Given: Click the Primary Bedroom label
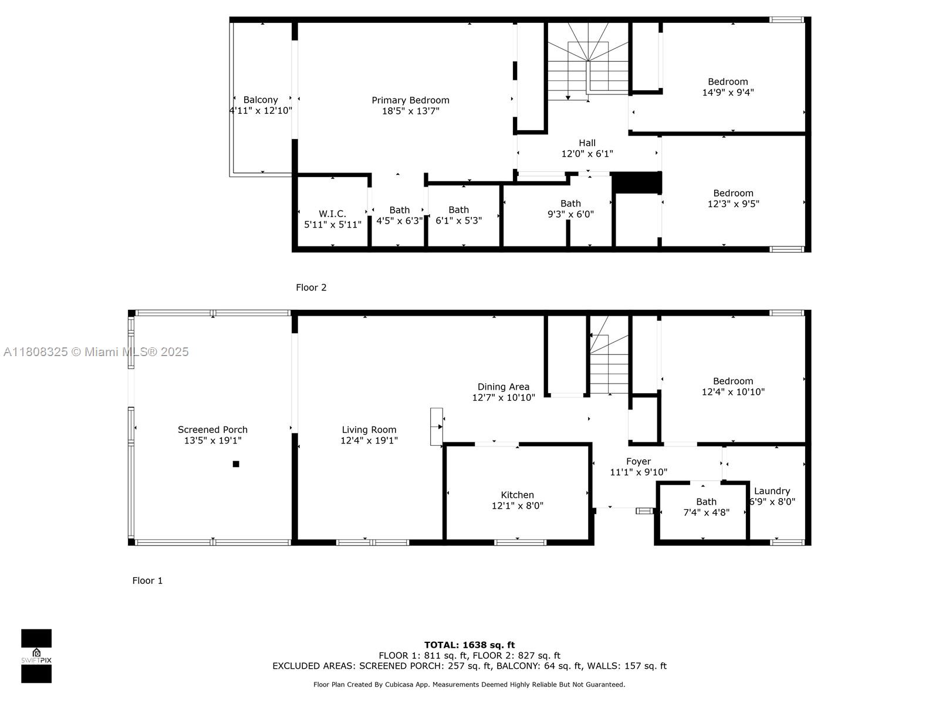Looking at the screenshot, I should coord(410,100).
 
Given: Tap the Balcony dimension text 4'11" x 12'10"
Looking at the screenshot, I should coord(261,110).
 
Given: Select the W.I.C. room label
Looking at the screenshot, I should coord(332,214).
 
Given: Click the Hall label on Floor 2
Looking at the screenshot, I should coord(587,143).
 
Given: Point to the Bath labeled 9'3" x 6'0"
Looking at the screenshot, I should coord(570,209).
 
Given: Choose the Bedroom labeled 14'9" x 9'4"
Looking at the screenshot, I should coord(728,87).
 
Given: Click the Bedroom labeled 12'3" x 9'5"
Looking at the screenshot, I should coord(733,198).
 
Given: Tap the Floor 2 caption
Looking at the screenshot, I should coord(311,287).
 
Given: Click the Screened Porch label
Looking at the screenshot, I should coord(212,429).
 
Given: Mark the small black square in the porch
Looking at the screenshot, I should coord(236,464).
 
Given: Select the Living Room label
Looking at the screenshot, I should coord(369,429).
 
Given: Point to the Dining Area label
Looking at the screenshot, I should coord(503,387).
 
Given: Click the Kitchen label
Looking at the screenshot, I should coord(517,495).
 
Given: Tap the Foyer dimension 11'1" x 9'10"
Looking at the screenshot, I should coord(639,472).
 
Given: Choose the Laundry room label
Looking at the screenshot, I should coord(772,491).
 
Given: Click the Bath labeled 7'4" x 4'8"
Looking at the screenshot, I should coord(706,507).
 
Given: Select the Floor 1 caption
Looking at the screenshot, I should coord(147,581).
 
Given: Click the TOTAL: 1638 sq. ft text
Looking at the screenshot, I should coord(469,645).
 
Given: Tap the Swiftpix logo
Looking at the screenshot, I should coord(36,656).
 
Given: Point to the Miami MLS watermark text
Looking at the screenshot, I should coord(96,352).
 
